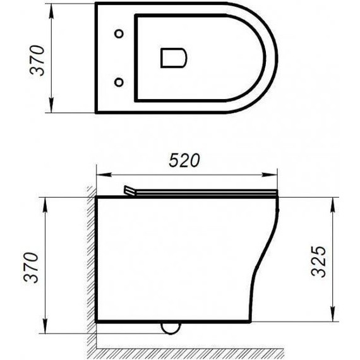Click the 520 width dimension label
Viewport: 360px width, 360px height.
pos(186,161)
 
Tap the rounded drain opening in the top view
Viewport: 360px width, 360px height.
pos(173,57)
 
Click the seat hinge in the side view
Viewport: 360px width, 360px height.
pos(131,190)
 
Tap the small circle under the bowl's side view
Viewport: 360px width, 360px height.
pos(169,327)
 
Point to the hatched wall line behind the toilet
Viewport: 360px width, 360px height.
pos(90,265)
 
